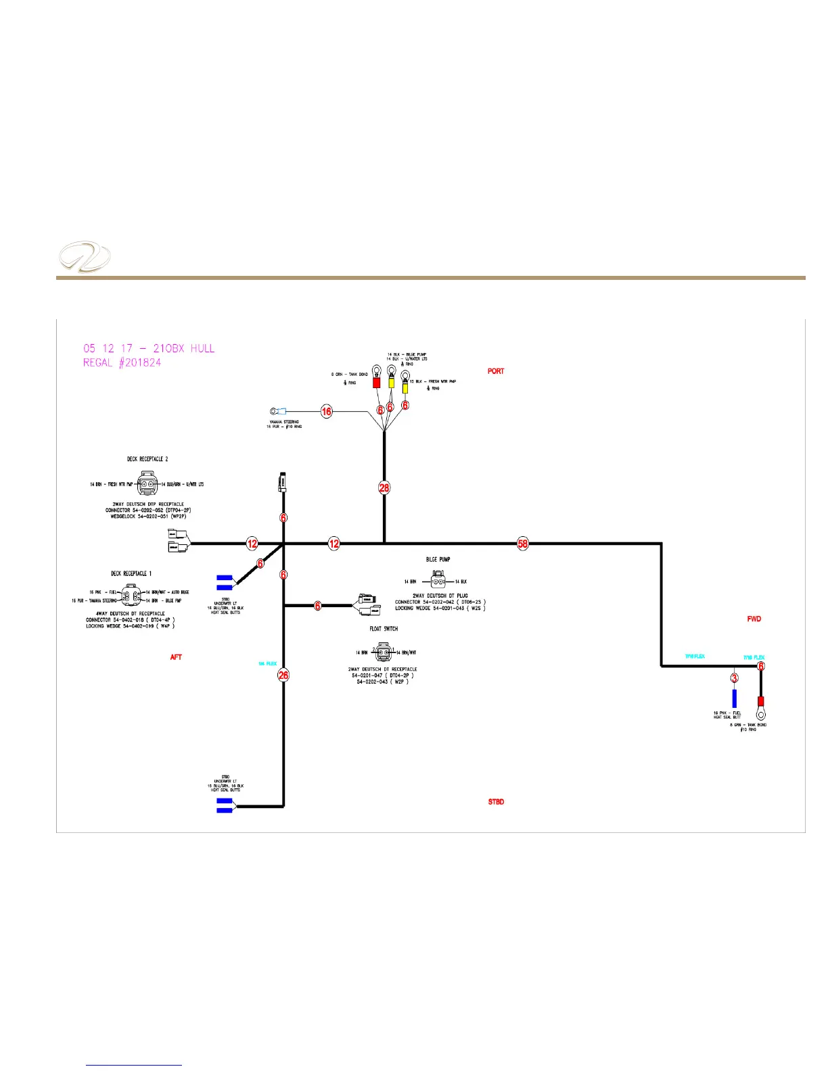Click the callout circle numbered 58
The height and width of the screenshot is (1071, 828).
[x=522, y=543]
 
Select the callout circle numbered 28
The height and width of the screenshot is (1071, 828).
[x=384, y=487]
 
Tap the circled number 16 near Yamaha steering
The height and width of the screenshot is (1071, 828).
[x=327, y=411]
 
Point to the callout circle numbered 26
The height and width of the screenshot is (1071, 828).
[x=283, y=675]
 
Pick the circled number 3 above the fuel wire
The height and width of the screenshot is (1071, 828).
[x=735, y=677]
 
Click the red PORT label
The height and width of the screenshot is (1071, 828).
[x=496, y=371]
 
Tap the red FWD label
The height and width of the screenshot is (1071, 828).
[x=754, y=619]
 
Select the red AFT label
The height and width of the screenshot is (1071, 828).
[x=176, y=657]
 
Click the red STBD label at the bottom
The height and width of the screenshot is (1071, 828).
[x=496, y=802]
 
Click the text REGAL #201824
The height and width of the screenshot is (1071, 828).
[x=122, y=363]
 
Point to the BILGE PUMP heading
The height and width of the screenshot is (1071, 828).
[x=438, y=560]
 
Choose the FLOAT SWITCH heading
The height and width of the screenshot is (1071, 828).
[x=384, y=629]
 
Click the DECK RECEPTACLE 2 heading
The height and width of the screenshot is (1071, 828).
[x=147, y=459]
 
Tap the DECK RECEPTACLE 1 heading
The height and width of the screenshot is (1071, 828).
[x=132, y=573]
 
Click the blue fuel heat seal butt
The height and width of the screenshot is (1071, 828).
[x=735, y=698]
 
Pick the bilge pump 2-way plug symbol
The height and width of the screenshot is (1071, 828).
[x=438, y=581]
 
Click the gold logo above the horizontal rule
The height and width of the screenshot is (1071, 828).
[x=85, y=258]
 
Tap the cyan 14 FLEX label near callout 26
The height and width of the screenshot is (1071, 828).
[x=267, y=664]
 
